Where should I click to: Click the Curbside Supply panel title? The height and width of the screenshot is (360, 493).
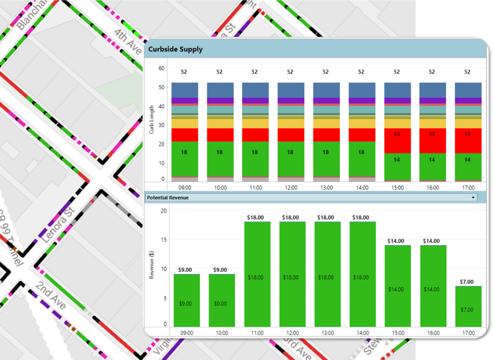175,49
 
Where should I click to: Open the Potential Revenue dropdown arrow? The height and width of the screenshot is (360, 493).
473,198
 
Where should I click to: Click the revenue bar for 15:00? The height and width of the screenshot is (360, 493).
397,286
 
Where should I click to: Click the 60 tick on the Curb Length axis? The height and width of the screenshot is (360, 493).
161,68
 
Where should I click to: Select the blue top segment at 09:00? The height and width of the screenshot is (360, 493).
185,90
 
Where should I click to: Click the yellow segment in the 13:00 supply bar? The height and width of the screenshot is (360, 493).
326,123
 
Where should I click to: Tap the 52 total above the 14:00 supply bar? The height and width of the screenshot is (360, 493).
361,72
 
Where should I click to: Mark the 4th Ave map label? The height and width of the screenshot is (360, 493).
127,37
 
